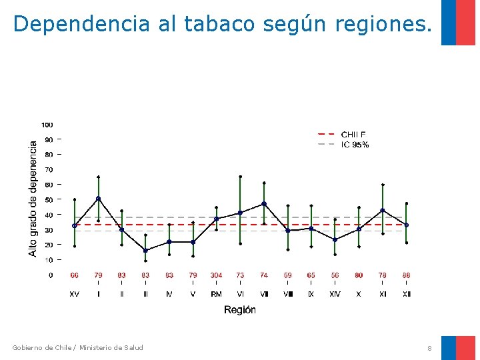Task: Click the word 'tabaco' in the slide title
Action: pos(219,24)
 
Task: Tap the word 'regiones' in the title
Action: pos(377,24)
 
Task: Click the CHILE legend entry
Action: pos(353,135)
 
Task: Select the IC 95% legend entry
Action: pos(355,145)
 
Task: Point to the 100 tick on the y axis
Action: pos(47,125)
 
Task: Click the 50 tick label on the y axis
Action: pos(49,200)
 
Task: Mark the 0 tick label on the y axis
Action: pos(51,275)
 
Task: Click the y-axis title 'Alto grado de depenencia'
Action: pos(33,198)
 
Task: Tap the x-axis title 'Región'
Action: pos(240,310)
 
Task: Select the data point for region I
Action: pos(99,199)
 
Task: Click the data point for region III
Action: pos(145,251)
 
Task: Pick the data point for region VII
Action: pos(264,203)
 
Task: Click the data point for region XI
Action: pos(383,210)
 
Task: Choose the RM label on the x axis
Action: pos(217,294)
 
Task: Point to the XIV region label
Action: pos(335,294)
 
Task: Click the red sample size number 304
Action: pos(217,275)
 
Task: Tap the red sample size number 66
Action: pos(74,275)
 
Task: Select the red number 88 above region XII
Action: pos(406,275)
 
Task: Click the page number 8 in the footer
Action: pos(430,348)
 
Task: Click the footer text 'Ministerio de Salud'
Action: pos(111,347)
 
